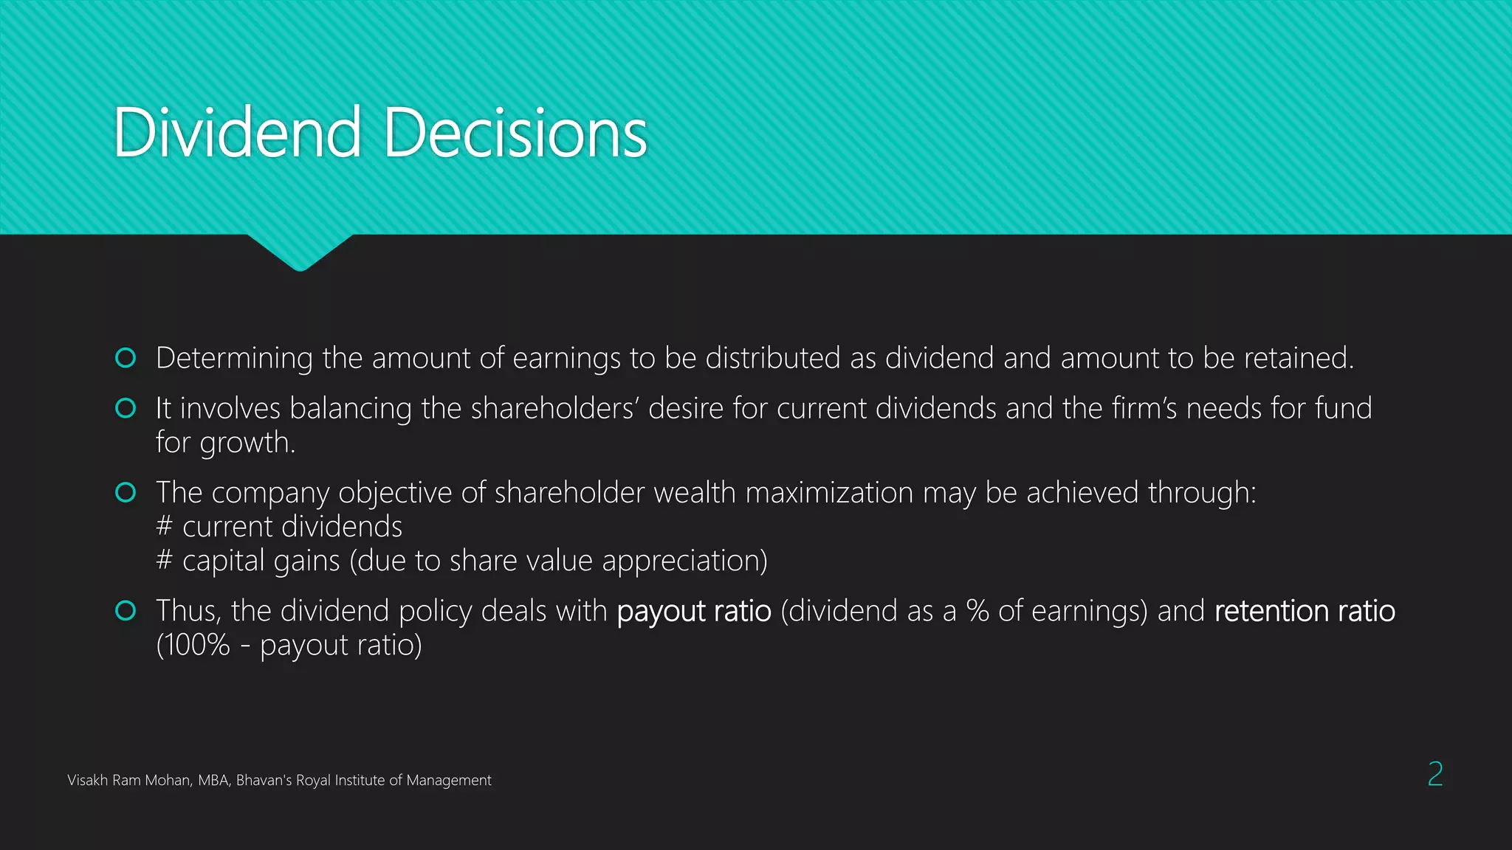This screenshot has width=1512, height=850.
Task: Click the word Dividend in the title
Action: tap(237, 133)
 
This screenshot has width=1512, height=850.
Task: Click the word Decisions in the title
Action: tap(515, 133)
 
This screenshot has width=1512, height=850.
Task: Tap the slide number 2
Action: tap(1434, 774)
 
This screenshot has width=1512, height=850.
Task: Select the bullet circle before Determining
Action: tap(126, 358)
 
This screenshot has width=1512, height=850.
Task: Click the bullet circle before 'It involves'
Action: tap(126, 408)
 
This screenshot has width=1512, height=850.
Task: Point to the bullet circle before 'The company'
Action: tap(126, 492)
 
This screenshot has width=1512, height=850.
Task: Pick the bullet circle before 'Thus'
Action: tap(126, 611)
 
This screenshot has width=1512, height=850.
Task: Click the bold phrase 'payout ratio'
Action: tap(693, 612)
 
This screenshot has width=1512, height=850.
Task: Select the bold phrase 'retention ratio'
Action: tap(1305, 612)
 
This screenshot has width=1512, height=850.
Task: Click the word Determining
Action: tap(234, 359)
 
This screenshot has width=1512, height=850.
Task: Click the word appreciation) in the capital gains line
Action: tap(684, 562)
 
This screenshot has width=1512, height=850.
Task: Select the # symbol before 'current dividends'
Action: tap(165, 527)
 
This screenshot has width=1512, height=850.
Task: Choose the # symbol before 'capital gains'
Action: tap(165, 561)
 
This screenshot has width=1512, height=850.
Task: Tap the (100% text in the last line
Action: tap(193, 646)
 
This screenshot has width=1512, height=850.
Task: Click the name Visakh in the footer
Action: tap(87, 781)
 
